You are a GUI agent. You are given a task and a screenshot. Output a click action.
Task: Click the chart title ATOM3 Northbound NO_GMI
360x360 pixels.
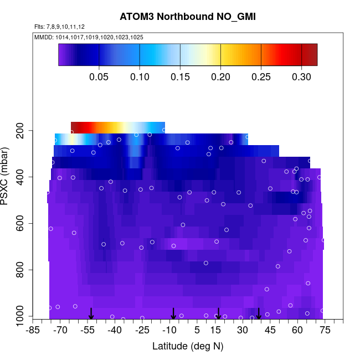coord(188,17)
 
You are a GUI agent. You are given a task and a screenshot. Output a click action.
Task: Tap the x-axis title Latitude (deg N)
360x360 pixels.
coord(187,346)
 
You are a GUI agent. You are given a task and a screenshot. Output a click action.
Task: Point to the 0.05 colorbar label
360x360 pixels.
coord(99,76)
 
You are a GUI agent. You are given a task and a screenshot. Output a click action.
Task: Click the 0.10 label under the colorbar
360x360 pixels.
coord(140,76)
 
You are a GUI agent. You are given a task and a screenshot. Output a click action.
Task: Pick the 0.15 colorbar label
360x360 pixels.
coord(180,76)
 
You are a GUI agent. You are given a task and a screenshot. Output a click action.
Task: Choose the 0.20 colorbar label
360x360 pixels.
coord(220,76)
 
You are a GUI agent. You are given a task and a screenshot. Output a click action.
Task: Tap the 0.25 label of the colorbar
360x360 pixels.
coord(261,76)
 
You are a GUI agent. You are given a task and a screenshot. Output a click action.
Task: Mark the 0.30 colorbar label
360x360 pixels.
coord(301,76)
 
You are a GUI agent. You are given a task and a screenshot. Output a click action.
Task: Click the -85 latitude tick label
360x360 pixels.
coord(33,330)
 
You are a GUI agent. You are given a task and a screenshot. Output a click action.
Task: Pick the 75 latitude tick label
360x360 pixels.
coord(325,330)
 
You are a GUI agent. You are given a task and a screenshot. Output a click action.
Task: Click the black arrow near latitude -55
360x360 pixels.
coord(91,313)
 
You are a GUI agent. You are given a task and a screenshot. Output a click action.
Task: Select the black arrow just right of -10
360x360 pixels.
coord(173,313)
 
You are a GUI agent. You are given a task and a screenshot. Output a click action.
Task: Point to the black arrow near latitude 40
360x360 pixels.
coord(259,313)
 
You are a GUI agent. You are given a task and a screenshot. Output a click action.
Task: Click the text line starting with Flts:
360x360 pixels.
coord(59,27)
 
